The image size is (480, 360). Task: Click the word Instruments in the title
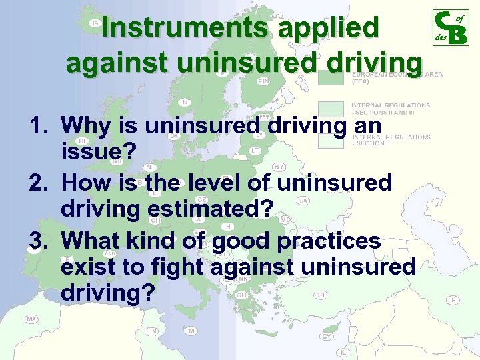tap(185, 28)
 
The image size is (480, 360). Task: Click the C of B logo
tap(450, 28)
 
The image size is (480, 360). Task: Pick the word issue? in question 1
tap(98, 153)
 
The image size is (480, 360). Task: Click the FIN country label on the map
tap(264, 81)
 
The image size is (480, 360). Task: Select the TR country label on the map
tap(321, 295)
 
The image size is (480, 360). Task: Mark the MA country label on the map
tap(31, 319)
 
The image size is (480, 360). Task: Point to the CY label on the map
tap(327, 336)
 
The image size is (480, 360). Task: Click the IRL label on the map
tap(83, 141)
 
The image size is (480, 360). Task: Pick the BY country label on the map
tap(279, 167)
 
